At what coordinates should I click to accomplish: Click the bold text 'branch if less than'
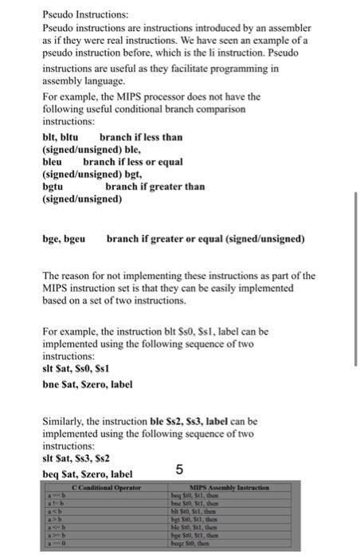(140, 137)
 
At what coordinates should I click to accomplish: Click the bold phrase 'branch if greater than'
(155, 187)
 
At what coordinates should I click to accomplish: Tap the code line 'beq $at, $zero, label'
(87, 474)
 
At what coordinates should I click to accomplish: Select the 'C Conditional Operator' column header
(106, 487)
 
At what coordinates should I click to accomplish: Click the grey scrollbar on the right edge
(356, 239)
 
